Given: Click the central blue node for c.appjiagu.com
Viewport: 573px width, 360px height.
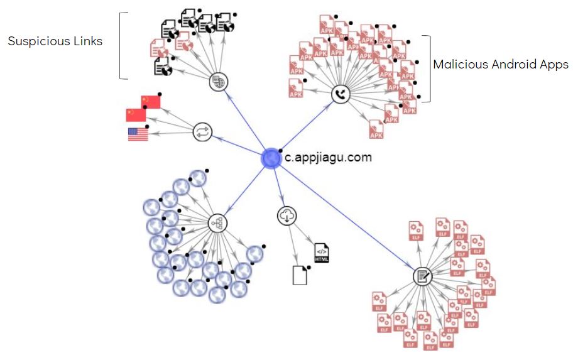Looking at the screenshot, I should [271, 158].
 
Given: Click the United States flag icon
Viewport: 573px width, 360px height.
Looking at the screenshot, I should [138, 134].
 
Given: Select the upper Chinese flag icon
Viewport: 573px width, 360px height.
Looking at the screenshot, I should [151, 101].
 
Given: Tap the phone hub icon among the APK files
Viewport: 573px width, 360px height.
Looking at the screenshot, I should [340, 95].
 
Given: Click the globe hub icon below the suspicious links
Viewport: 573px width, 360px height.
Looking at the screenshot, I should [218, 81].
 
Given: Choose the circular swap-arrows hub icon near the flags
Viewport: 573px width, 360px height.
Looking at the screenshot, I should [203, 132].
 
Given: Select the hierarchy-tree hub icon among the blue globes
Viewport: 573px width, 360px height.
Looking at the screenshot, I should [217, 223].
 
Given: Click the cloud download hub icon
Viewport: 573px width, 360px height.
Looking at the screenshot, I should [286, 216].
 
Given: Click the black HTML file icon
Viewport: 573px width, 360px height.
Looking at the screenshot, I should [322, 252].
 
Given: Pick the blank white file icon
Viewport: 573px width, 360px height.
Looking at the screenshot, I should [300, 275].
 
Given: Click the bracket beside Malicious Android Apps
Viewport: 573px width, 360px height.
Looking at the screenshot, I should [428, 68].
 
